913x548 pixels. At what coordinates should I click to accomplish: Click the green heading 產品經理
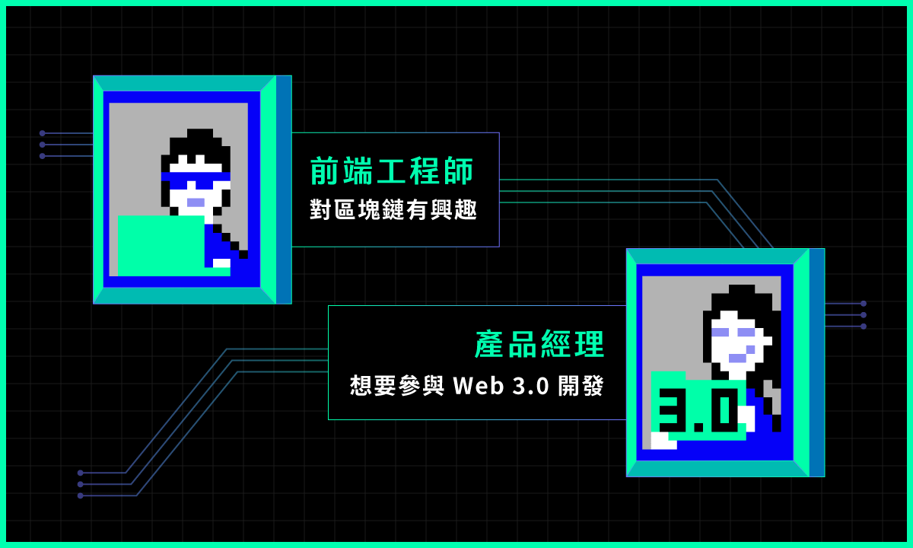coord(539,346)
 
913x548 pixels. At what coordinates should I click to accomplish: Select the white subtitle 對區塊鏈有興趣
coord(393,210)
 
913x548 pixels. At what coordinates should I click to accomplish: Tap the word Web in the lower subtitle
coord(479,386)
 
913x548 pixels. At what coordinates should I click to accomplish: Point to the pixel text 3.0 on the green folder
coord(698,411)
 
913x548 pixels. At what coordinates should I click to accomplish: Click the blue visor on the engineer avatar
coord(195,180)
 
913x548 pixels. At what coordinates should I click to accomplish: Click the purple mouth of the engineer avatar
coord(196,202)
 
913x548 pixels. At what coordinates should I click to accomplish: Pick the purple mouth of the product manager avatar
coord(737,358)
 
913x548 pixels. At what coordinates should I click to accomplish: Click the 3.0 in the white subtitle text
coord(530,386)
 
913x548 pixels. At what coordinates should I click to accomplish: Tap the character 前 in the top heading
coord(325,171)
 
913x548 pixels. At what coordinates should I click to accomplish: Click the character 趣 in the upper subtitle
coord(465,210)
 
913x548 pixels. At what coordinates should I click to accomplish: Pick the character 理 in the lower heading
coord(589,346)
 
